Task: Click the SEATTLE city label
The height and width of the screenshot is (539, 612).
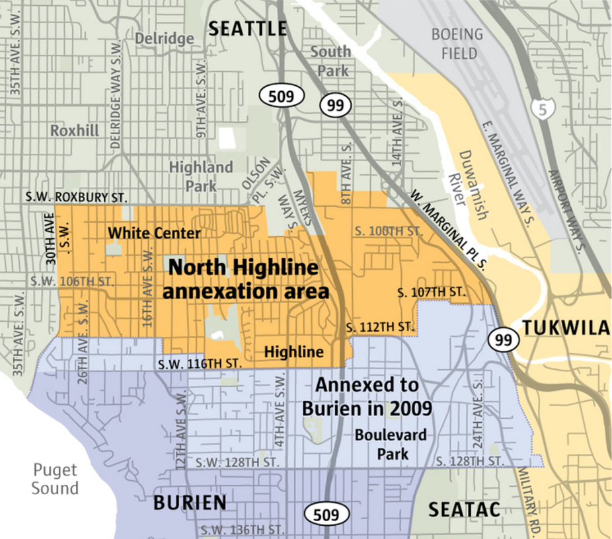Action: [x=248, y=28]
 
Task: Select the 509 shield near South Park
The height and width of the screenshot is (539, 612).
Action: [x=285, y=96]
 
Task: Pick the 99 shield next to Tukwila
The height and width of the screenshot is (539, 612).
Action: [x=502, y=340]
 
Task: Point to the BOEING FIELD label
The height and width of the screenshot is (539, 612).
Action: [x=457, y=44]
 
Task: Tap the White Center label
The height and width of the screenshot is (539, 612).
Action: [x=154, y=233]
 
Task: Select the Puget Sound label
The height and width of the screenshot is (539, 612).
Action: [x=56, y=479]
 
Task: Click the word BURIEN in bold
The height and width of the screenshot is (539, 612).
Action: [x=190, y=503]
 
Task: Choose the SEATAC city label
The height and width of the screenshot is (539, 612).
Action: [x=464, y=509]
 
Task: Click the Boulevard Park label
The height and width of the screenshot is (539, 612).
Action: [x=390, y=444]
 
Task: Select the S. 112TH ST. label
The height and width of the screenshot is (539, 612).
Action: [x=381, y=327]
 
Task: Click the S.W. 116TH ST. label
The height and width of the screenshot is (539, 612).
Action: [x=200, y=364]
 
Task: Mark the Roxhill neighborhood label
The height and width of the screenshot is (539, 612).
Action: [x=75, y=130]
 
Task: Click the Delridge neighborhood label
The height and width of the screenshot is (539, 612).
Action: [x=165, y=38]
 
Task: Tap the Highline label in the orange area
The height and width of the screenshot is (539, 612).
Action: [x=293, y=352]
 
